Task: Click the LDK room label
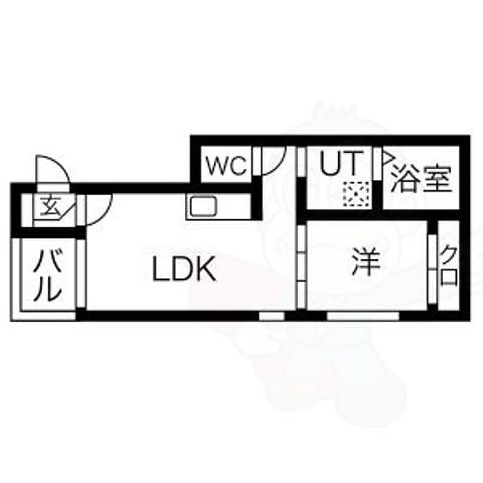pos(184,270)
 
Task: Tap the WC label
pos(224,166)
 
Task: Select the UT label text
pos(339,165)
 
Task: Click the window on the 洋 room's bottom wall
pos(362,315)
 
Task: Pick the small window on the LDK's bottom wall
pos(272,315)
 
